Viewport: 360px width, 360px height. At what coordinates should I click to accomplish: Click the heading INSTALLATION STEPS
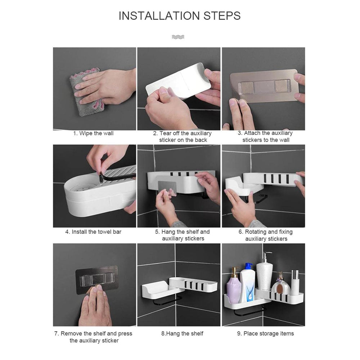tap(180, 16)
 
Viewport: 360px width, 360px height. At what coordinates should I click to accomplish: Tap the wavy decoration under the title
tap(178, 37)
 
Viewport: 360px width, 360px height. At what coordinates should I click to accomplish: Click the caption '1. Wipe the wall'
tap(93, 133)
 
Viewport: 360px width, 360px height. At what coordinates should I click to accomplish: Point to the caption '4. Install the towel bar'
tap(93, 232)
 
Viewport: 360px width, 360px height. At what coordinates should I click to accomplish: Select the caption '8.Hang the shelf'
tap(182, 333)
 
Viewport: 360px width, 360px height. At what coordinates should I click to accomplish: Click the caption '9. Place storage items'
tap(265, 333)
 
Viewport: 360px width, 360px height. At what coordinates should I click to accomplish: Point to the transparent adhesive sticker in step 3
tap(264, 87)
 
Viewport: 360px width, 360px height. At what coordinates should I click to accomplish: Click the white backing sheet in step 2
tap(179, 81)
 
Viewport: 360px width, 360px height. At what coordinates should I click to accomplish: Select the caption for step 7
tap(93, 337)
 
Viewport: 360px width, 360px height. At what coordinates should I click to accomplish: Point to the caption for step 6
tap(265, 235)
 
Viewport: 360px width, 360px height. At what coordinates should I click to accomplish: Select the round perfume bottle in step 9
tap(281, 286)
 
